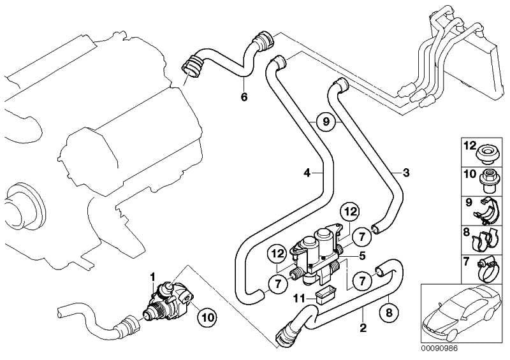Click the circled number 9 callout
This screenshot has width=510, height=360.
(x=324, y=122)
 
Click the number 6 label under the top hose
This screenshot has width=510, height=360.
(x=244, y=97)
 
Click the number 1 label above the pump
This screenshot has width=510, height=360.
(x=152, y=276)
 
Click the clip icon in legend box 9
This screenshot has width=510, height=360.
(x=488, y=211)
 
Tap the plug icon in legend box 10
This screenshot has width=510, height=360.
(x=489, y=181)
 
